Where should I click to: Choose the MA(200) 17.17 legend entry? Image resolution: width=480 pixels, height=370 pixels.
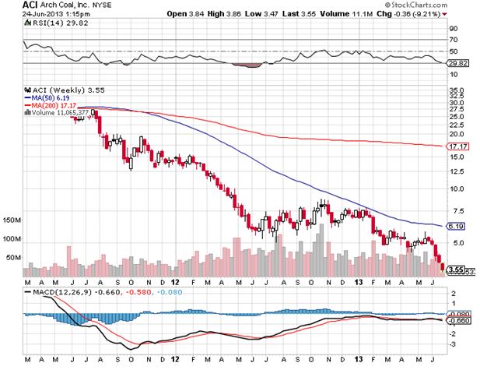click(52, 106)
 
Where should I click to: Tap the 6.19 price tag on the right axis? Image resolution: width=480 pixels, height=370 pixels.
click(455, 225)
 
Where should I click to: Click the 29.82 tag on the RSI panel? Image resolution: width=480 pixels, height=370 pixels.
click(457, 62)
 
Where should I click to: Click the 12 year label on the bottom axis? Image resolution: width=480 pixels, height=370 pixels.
click(177, 281)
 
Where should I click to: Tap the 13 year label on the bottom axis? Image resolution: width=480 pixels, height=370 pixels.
click(359, 281)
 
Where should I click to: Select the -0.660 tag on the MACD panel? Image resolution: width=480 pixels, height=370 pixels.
click(457, 320)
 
